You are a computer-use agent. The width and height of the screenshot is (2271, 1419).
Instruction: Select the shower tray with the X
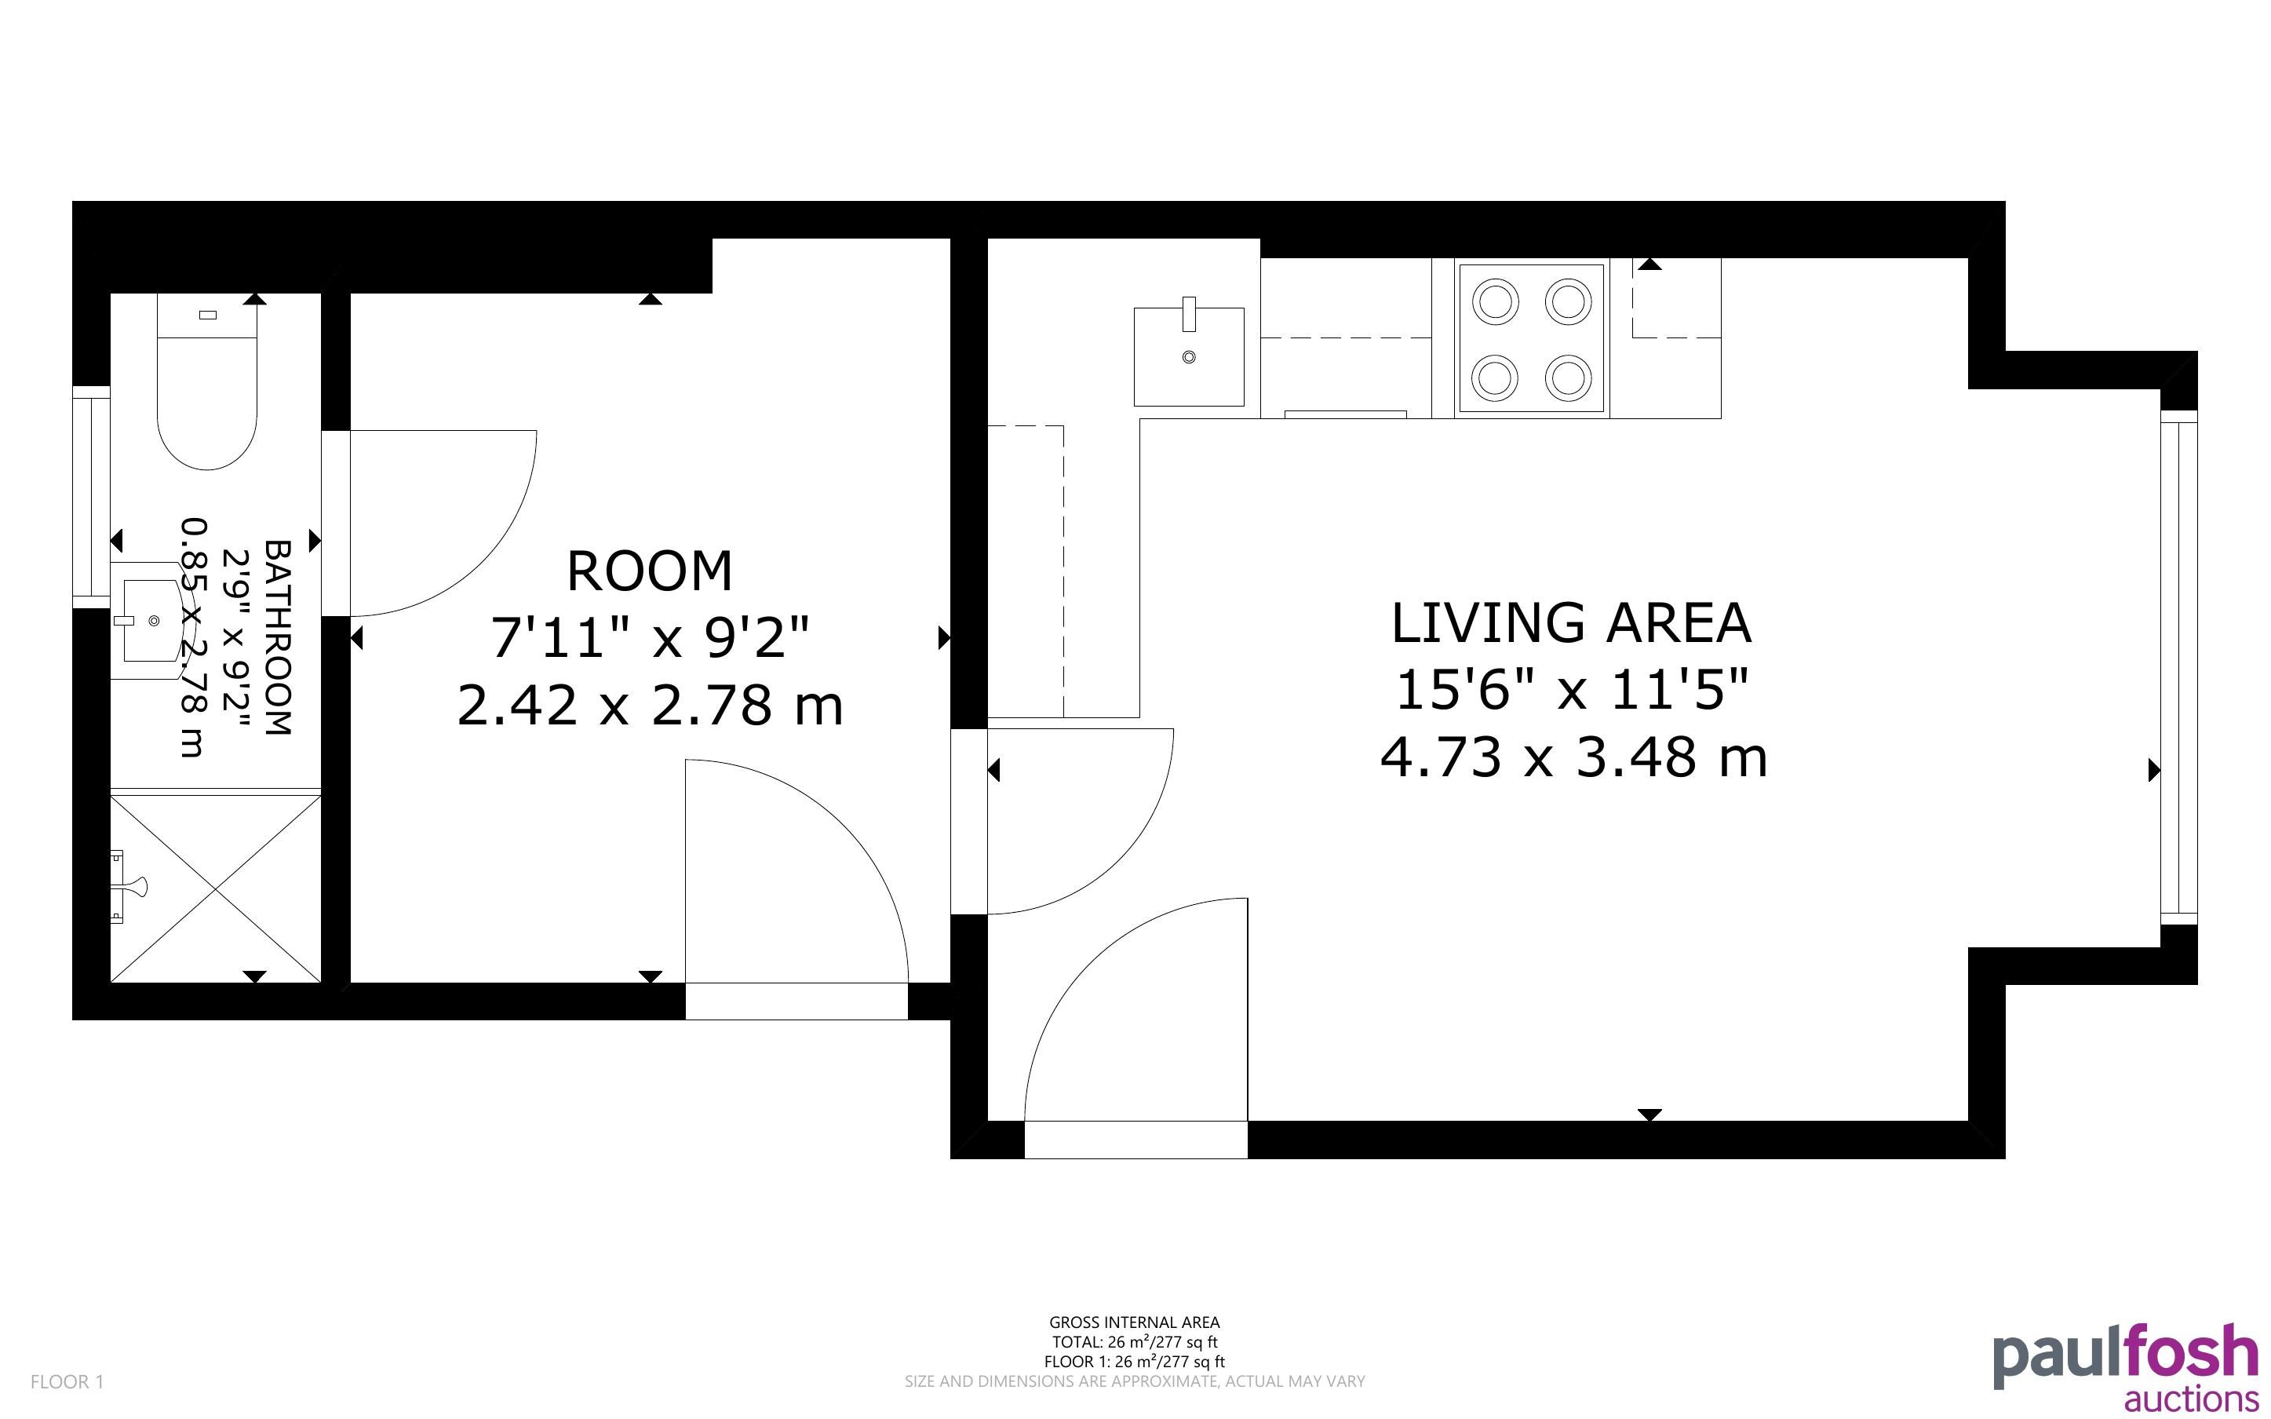tap(216, 888)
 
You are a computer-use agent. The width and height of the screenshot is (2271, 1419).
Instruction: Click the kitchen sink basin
tap(1189, 356)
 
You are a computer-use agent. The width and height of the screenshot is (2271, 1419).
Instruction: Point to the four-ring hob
tap(1531, 340)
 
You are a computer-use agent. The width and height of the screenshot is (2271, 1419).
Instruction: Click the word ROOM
tap(649, 571)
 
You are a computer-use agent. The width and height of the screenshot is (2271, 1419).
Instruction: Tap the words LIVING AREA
tap(1571, 623)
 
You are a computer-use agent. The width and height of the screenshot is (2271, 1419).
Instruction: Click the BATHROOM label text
tap(279, 637)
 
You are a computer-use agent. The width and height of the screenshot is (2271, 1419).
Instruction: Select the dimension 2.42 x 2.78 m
tap(649, 706)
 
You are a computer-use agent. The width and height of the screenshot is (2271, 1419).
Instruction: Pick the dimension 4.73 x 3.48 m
tap(1573, 757)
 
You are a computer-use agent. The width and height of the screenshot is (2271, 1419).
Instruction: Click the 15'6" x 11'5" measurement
tap(1572, 691)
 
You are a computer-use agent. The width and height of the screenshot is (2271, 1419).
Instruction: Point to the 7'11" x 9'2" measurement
tap(649, 638)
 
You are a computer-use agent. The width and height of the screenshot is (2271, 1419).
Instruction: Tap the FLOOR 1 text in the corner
tap(67, 1381)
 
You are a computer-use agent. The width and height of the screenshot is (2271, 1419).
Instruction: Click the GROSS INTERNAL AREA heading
tap(1134, 1322)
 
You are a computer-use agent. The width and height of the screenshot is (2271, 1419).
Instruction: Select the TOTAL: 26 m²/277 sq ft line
tap(1134, 1342)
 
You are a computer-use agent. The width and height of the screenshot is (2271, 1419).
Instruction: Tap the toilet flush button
tap(208, 316)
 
